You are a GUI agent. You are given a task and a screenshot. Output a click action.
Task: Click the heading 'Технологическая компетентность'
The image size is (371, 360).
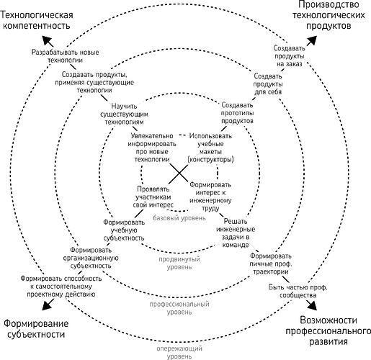coord(37,20)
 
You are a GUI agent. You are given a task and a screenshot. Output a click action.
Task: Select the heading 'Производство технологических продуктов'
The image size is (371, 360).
coord(328,15)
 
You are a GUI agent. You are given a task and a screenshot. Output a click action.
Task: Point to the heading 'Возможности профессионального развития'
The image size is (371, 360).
coord(328,330)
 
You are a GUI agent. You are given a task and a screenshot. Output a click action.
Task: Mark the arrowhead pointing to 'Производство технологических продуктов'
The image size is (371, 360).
coord(312,40)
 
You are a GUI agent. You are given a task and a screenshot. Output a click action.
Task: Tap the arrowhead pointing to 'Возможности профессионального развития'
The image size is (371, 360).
coord(312,305)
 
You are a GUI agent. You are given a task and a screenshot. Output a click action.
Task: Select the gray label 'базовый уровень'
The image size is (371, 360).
coord(179,218)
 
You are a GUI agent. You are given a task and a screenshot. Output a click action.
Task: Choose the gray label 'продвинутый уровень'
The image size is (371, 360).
coord(179,263)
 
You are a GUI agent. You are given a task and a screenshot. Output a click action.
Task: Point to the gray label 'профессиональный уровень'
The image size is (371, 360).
coord(179,308)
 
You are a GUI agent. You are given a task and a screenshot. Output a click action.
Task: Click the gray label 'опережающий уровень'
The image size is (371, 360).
coord(179,352)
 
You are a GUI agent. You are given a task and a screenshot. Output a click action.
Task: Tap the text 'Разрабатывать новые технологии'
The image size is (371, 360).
coord(65,56)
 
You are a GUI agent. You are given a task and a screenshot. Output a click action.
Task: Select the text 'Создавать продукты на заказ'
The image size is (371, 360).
coord(290,56)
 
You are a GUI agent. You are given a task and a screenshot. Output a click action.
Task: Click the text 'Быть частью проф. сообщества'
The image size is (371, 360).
coord(298,291)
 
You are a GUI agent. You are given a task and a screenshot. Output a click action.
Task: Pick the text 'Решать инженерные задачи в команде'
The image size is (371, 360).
coord(236,233)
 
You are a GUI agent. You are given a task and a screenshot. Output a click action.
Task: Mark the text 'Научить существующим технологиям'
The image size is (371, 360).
coord(124,114)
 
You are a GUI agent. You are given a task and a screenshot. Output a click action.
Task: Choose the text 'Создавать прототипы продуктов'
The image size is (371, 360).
coord(237,113)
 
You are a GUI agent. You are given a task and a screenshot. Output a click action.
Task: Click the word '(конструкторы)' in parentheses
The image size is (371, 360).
coord(210,159)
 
